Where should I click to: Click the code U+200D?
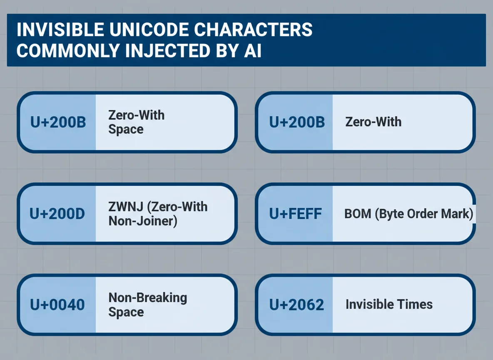coord(57,214)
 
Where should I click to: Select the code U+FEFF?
coord(295,214)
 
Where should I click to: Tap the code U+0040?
coord(57,305)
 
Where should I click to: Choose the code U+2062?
coord(296,305)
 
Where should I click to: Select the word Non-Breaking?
coord(148,297)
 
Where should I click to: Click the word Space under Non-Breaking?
coord(126,312)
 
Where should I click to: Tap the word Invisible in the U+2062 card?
coord(369,305)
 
